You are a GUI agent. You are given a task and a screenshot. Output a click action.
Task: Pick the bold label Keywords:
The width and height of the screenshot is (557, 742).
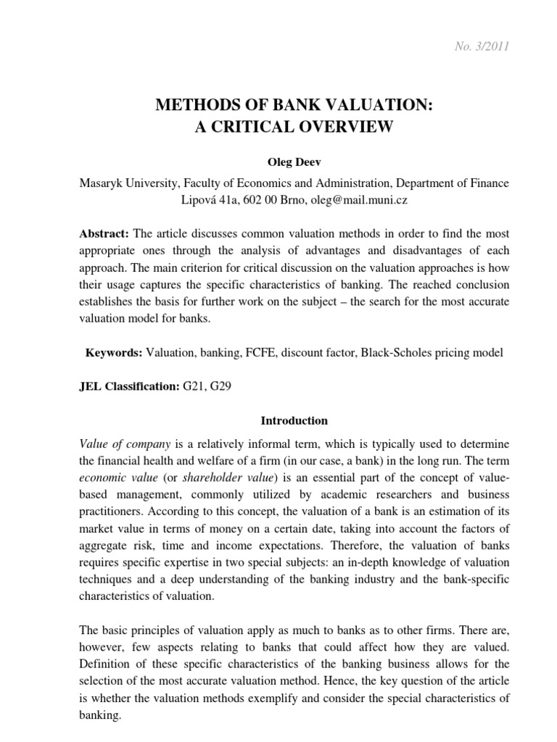tap(115, 353)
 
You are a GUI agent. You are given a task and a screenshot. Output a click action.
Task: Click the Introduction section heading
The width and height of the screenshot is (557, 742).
tap(284, 421)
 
